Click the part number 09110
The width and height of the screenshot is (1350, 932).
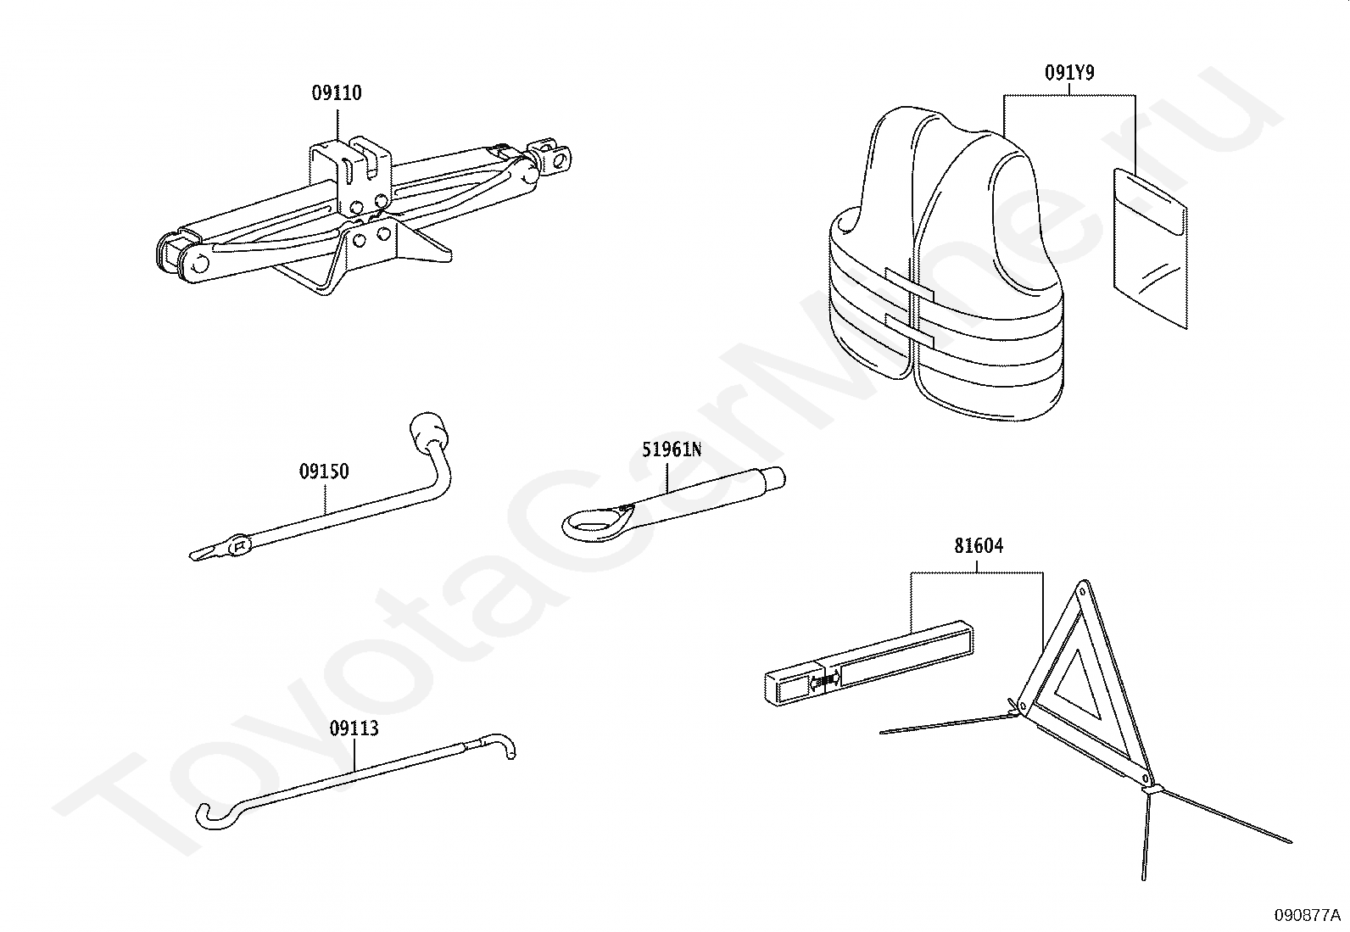(x=336, y=93)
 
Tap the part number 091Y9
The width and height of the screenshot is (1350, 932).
(x=1068, y=73)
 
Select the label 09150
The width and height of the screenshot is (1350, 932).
(x=323, y=472)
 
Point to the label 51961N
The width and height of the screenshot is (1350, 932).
(x=671, y=449)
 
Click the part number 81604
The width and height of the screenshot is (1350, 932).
(x=978, y=546)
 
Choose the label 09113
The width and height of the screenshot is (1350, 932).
(x=354, y=728)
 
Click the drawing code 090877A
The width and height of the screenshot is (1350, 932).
(x=1307, y=915)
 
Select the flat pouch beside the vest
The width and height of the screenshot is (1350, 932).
(x=1149, y=246)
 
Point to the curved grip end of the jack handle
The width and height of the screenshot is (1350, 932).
(x=212, y=815)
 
